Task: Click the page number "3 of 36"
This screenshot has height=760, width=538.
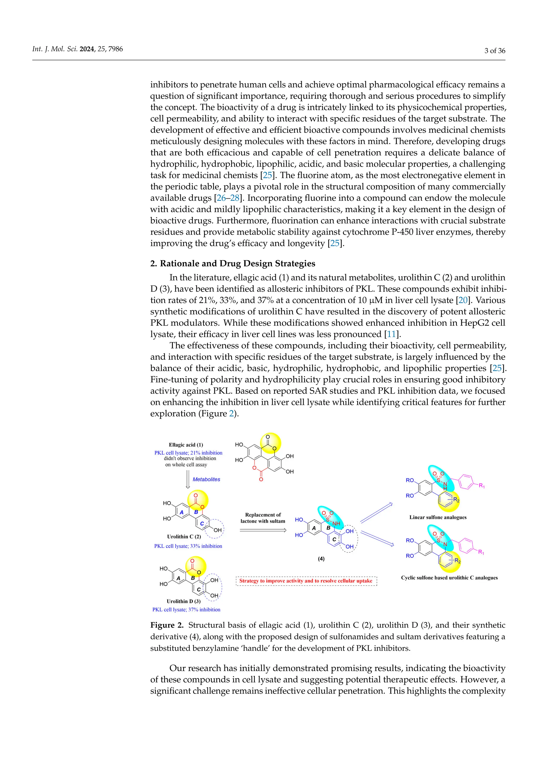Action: tap(495, 51)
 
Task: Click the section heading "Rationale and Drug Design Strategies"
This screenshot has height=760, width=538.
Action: tap(237, 263)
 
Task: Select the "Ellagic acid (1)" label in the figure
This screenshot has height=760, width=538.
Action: tap(186, 445)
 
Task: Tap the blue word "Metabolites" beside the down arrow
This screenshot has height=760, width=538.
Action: tap(206, 479)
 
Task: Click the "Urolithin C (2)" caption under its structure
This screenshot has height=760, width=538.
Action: tap(184, 537)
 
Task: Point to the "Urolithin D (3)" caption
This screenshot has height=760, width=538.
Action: tap(184, 601)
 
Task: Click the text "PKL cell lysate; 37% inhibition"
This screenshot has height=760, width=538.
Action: tap(186, 609)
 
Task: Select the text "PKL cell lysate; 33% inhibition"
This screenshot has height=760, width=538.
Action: tap(188, 546)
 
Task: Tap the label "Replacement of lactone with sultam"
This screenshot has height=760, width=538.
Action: tap(263, 518)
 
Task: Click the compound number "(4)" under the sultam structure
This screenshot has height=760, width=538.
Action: tap(321, 559)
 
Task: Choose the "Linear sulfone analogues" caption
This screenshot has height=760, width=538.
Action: tap(438, 517)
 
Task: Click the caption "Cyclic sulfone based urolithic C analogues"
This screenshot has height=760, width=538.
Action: tap(449, 578)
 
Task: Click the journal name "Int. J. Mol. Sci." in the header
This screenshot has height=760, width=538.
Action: tap(55, 49)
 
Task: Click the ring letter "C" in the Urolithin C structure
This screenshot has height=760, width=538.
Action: tap(202, 524)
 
